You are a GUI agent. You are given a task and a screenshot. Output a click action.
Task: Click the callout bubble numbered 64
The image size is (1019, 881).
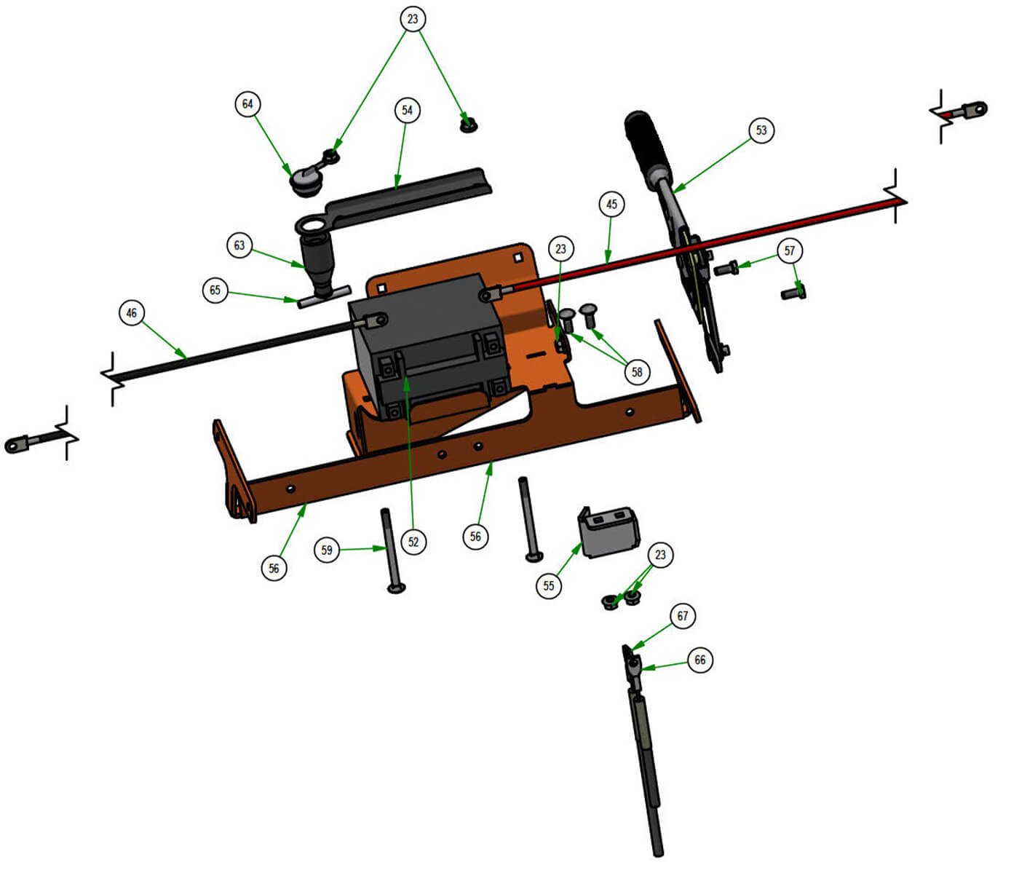(x=247, y=104)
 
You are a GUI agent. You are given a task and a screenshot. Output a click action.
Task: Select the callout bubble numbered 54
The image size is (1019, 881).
(x=407, y=110)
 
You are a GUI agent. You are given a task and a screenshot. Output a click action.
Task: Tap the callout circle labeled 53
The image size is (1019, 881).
(x=761, y=130)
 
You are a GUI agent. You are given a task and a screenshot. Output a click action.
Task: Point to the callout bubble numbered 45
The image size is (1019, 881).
(x=611, y=204)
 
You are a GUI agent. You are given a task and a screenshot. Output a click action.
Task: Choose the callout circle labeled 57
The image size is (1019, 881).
(x=789, y=250)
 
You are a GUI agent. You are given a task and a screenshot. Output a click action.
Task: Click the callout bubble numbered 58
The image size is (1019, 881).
(x=637, y=372)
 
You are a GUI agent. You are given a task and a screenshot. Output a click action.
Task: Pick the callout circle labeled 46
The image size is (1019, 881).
(x=132, y=313)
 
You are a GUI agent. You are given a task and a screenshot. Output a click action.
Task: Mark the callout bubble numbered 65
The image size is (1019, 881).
(x=215, y=290)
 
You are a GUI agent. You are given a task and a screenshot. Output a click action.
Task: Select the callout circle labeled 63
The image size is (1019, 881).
(x=239, y=245)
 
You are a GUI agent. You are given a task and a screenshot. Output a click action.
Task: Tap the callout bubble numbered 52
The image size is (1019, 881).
(x=413, y=542)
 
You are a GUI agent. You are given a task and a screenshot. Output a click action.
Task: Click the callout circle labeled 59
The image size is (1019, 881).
(x=327, y=550)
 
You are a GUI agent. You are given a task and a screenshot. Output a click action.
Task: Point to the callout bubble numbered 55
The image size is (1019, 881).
(x=549, y=586)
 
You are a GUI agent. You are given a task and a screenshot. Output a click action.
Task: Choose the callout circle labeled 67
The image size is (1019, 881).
(x=682, y=616)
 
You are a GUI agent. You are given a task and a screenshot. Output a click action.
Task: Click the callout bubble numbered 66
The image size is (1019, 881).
(x=699, y=660)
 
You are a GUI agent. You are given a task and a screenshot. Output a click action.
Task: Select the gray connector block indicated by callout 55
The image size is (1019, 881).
(x=608, y=532)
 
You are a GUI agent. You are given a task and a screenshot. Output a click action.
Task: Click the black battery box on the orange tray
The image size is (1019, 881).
(x=428, y=345)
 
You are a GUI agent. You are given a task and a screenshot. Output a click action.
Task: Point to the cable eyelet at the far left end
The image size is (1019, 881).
(x=17, y=444)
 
